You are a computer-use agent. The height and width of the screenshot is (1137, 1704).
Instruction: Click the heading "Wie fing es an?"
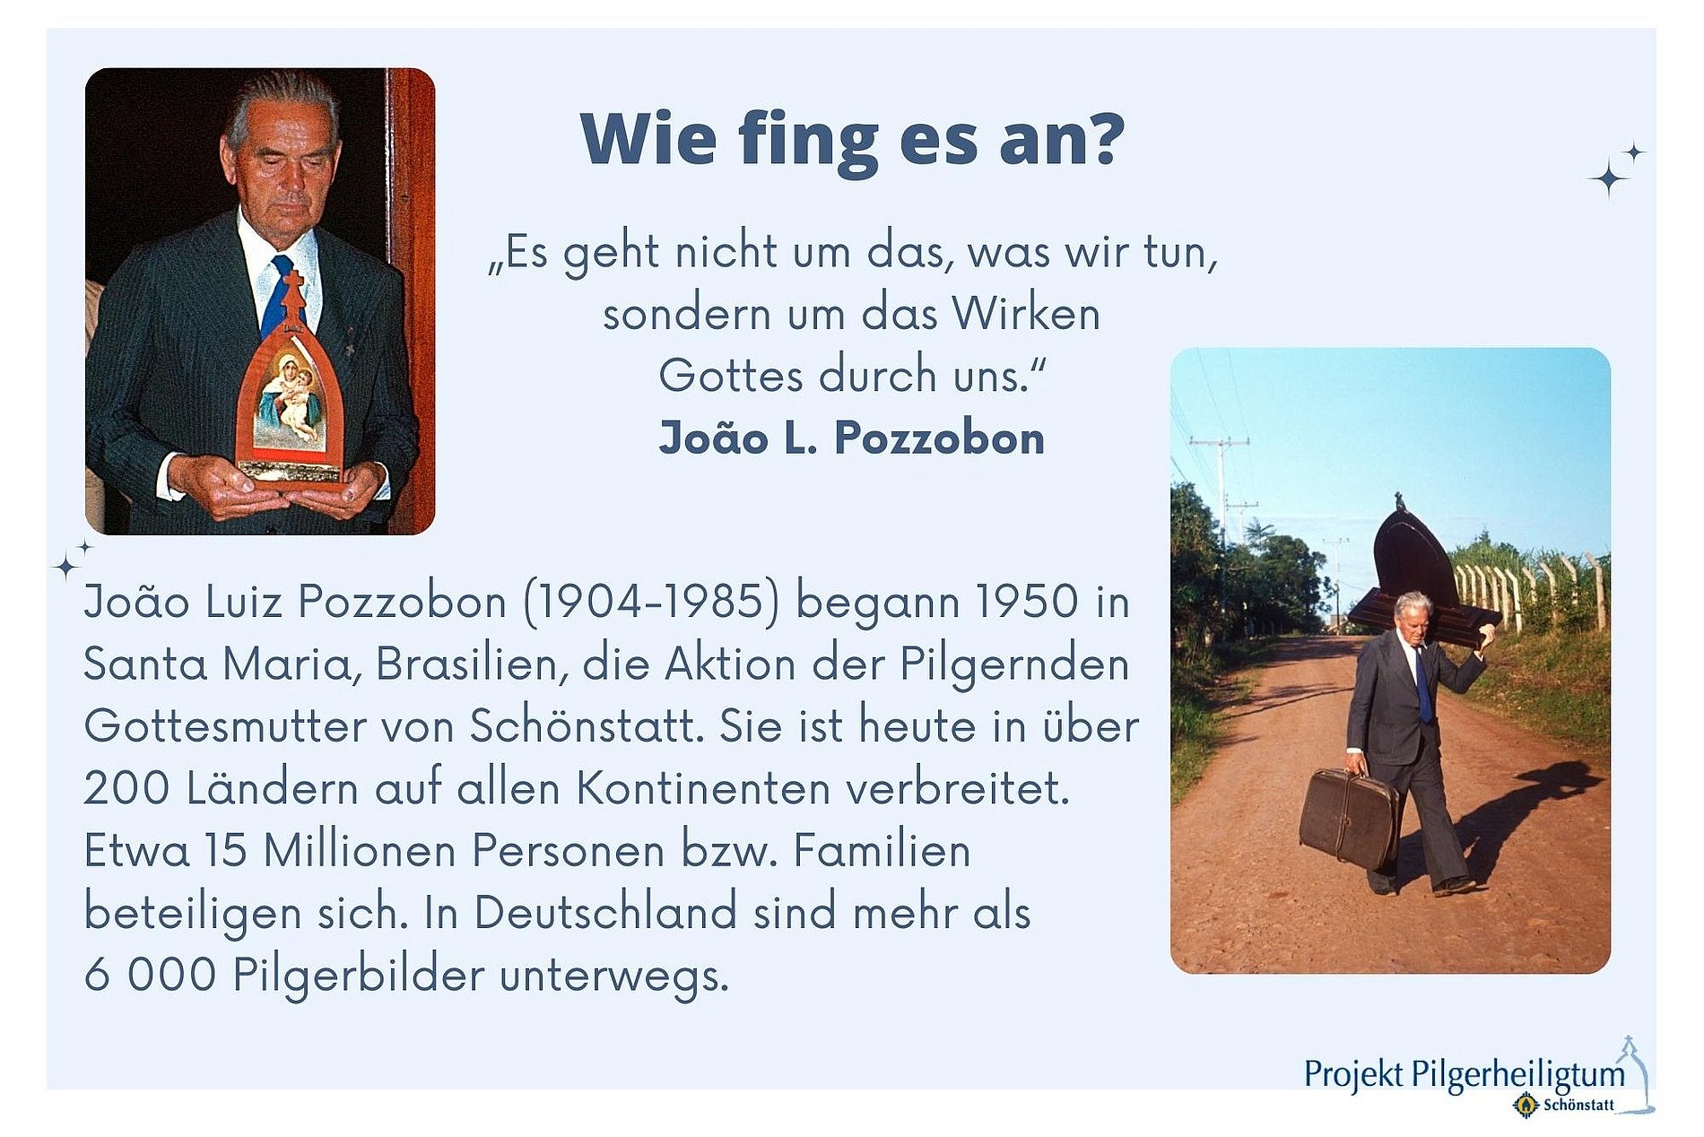coord(852,140)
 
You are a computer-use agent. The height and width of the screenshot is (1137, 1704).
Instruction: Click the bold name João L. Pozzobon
coord(852,438)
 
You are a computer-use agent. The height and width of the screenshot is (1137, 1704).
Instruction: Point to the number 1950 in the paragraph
coord(1027,601)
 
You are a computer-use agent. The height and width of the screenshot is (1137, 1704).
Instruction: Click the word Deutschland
coord(604,912)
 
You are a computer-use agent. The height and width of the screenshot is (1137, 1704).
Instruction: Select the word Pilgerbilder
coord(359,975)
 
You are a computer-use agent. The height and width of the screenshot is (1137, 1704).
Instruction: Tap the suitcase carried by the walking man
coord(1348,817)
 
